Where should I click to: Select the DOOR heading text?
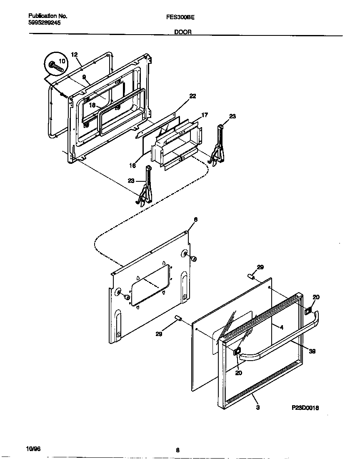(182, 32)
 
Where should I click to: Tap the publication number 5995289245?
(45, 23)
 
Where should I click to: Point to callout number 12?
(74, 55)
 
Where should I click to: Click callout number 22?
(192, 96)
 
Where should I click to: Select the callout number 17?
(204, 115)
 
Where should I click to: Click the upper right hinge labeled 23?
(218, 146)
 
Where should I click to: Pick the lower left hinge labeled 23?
(145, 186)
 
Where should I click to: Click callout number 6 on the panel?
(195, 220)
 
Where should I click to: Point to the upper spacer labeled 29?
(251, 276)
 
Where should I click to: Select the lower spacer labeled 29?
(178, 319)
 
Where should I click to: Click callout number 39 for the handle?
(312, 351)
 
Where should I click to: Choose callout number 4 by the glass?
(282, 328)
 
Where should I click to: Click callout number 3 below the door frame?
(257, 408)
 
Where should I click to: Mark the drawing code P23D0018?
(305, 408)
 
